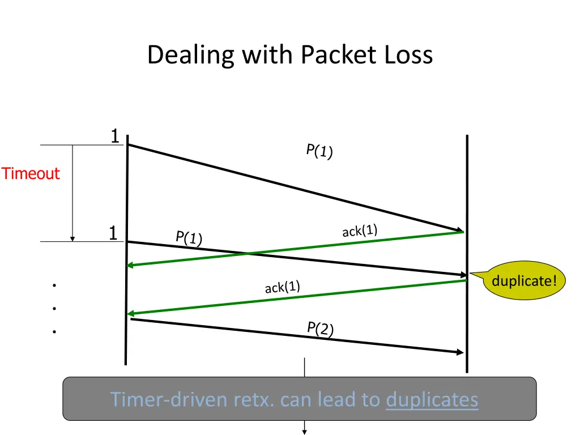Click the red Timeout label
[31, 173]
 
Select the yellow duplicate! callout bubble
[524, 280]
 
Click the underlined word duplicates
[432, 399]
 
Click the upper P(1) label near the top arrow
[319, 151]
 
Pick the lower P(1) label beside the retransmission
[189, 237]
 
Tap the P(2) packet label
[320, 328]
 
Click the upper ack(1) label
[360, 231]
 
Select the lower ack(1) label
[282, 287]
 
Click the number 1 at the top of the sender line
[114, 137]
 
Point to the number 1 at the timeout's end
[113, 233]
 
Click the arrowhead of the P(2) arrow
[460, 352]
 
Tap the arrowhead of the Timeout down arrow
[72, 238]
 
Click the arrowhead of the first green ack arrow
[130, 265]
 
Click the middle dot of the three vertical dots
[54, 309]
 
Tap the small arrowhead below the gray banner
[305, 432]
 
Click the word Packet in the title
[334, 56]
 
